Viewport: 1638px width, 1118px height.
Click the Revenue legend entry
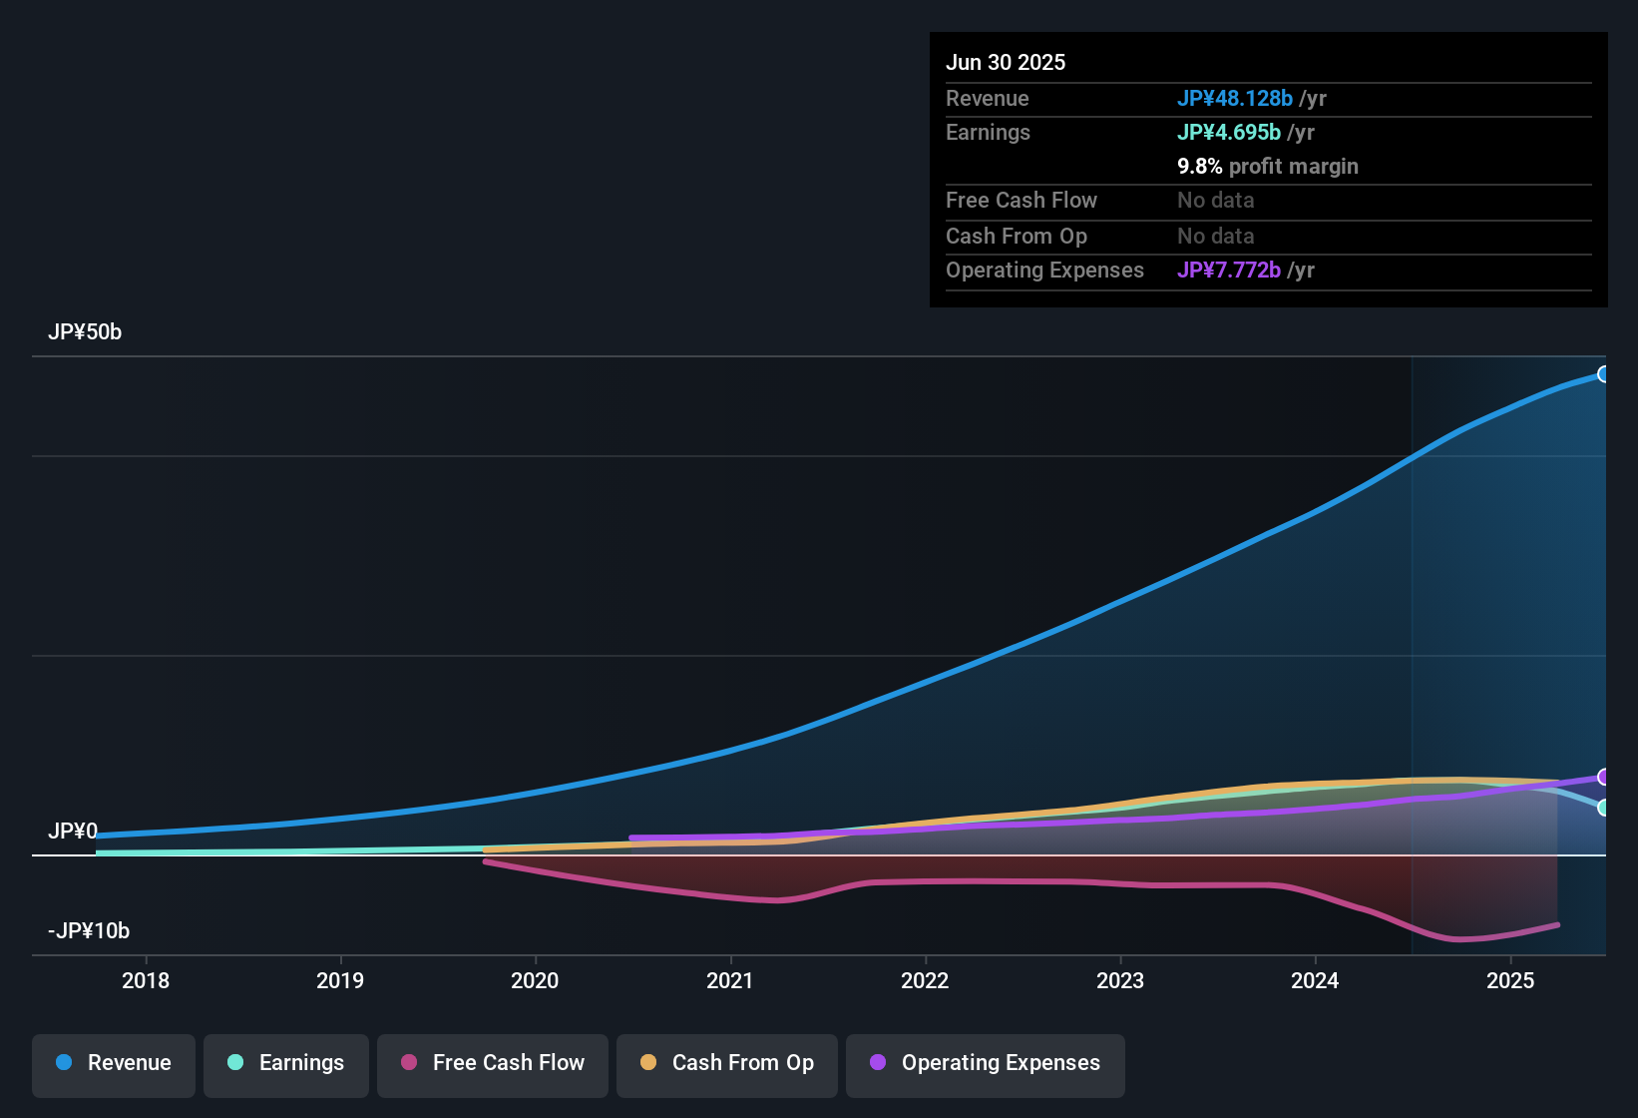click(114, 1063)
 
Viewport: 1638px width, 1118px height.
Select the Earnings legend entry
click(286, 1063)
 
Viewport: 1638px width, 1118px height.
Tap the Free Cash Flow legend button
click(493, 1063)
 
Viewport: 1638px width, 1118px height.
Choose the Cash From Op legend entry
click(727, 1063)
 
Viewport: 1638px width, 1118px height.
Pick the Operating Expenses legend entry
click(986, 1063)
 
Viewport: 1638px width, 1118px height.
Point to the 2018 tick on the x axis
click(146, 980)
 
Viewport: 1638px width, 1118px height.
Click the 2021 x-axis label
click(730, 980)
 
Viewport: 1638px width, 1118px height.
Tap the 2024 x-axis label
click(1315, 980)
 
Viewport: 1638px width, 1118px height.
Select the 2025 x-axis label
click(1510, 980)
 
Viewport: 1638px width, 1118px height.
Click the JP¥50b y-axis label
click(85, 332)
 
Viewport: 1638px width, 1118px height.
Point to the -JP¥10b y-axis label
click(89, 931)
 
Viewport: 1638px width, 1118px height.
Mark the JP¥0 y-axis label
click(73, 832)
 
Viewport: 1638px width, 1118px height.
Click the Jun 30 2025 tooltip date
click(1006, 63)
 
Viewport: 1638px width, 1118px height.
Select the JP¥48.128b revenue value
click(1235, 99)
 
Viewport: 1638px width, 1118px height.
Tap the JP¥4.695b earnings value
click(1229, 133)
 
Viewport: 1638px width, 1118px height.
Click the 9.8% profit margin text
click(1268, 167)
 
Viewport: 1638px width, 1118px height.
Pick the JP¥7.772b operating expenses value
click(1229, 271)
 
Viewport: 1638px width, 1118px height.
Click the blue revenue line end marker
click(1603, 374)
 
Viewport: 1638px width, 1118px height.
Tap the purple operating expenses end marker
click(1603, 777)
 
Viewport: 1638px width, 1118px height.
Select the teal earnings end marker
click(1603, 808)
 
